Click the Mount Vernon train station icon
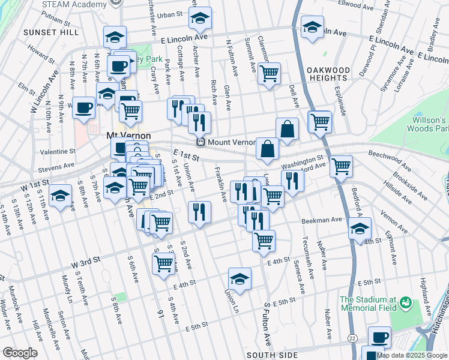pos(202,142)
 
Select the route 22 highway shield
pos(351,338)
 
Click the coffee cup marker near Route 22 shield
pos(378,338)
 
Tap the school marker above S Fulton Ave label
pos(240,279)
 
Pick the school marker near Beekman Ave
pos(360,229)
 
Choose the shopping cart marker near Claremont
pos(270,74)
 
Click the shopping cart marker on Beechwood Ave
pos(341,166)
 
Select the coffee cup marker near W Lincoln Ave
pos(83,107)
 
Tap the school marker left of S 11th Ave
pos(60,196)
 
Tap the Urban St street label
pos(170,14)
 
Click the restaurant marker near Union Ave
pos(199,212)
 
